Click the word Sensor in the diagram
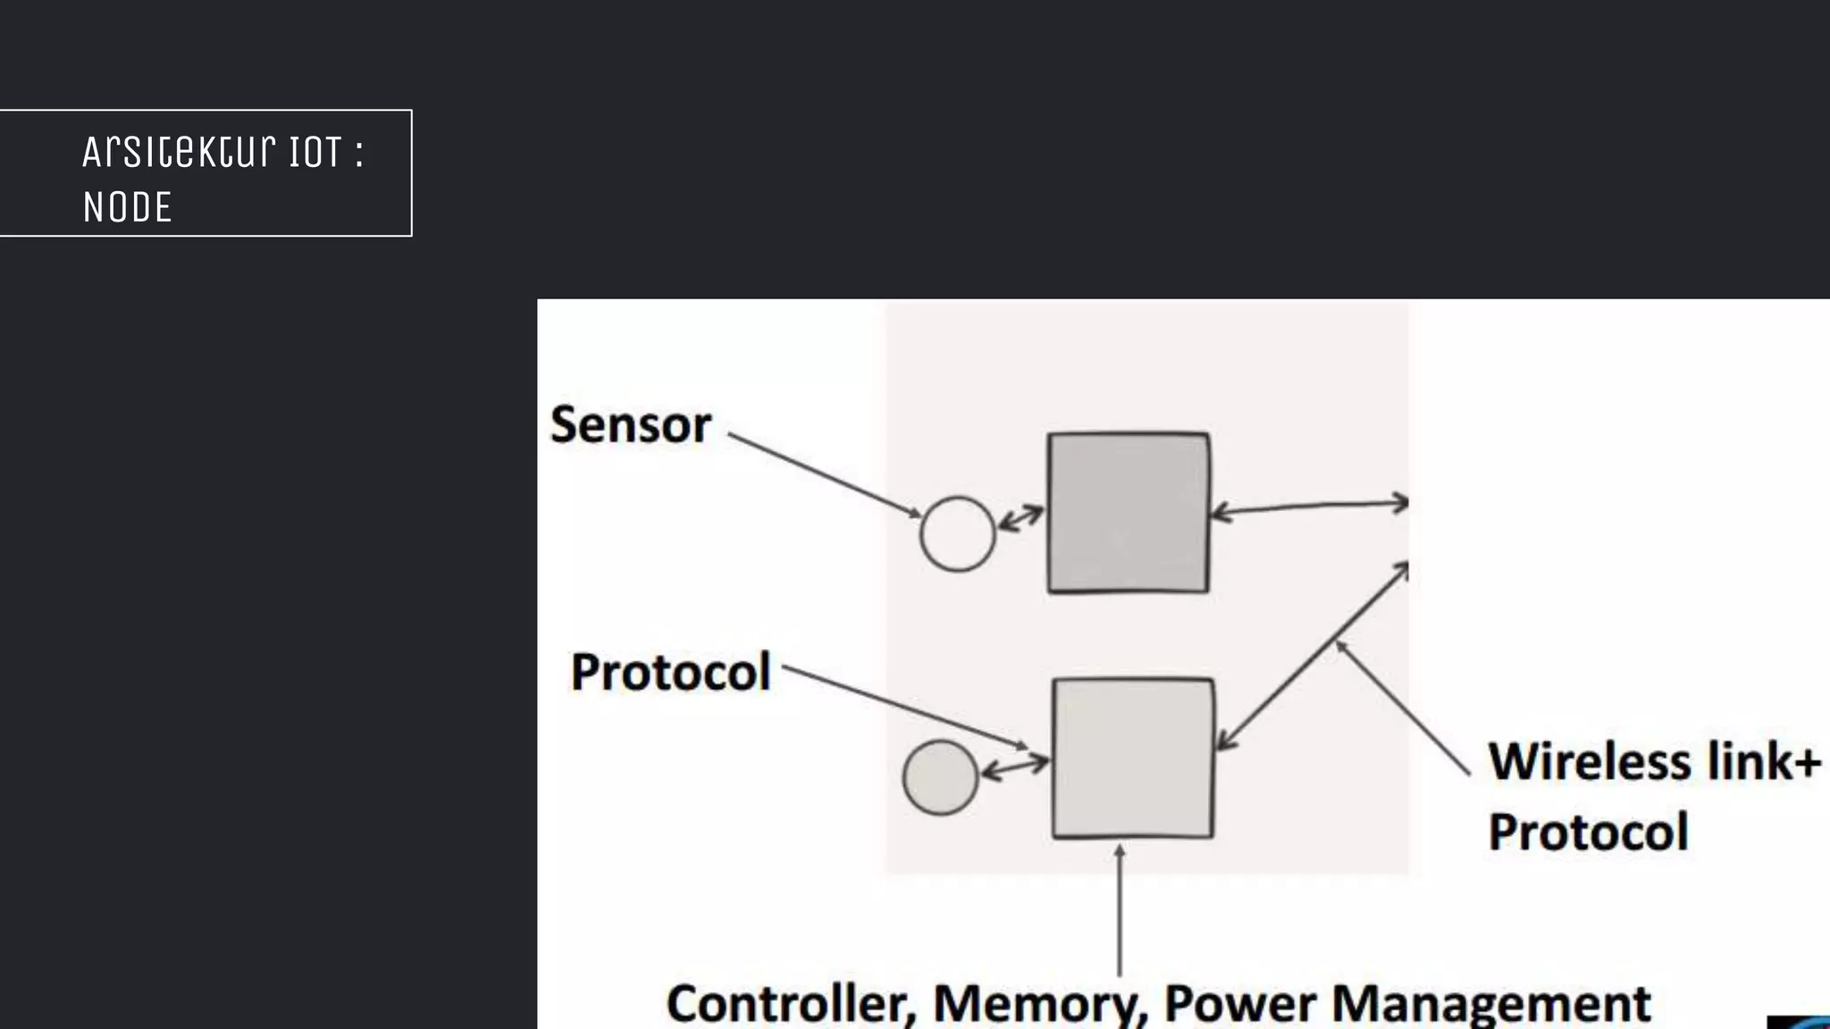point(631,425)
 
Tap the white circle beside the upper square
point(957,534)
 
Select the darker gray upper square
point(1129,513)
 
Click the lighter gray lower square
point(1133,758)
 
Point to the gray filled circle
point(940,777)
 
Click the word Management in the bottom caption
point(1490,1004)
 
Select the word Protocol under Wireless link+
point(1588,832)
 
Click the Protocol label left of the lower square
point(670,672)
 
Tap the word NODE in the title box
point(127,207)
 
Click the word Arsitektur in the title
point(179,152)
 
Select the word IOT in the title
point(315,152)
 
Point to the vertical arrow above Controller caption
point(1120,911)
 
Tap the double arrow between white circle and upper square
point(1020,518)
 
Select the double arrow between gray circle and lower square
point(1015,767)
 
